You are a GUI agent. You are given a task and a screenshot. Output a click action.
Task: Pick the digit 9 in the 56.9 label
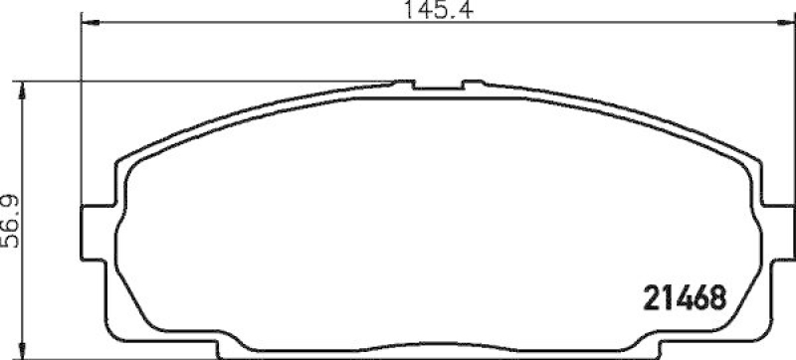[x=14, y=201]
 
